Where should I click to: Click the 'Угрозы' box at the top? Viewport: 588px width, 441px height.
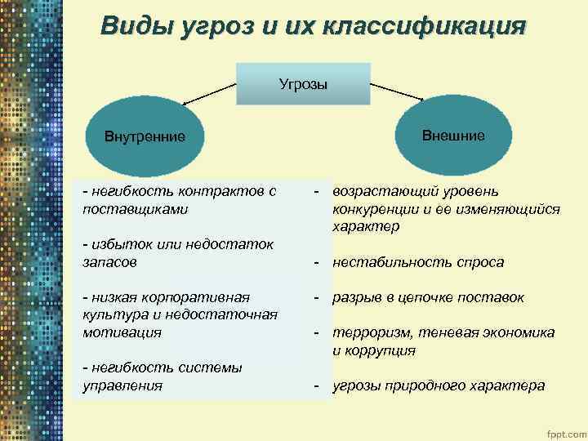point(303,82)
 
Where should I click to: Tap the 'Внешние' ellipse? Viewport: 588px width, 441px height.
point(453,135)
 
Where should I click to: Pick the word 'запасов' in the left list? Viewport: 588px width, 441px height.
point(110,262)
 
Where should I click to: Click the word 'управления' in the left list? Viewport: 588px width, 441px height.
point(122,385)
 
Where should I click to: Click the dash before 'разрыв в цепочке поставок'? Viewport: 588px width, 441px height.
point(315,297)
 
